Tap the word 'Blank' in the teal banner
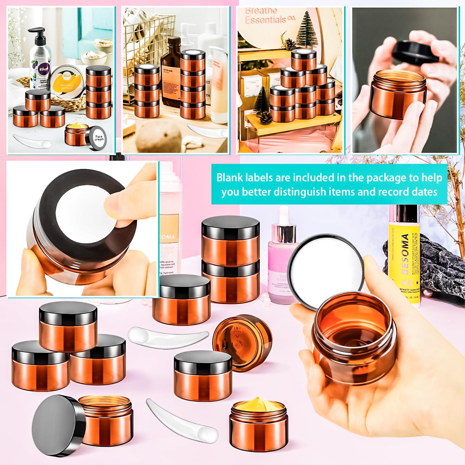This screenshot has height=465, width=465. [229, 178]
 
